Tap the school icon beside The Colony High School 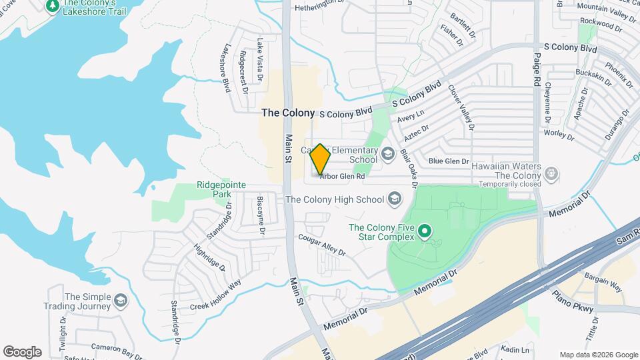coord(395,199)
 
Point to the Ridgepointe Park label coord(221,189)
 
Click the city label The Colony coord(288,113)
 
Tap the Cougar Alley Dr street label coord(322,245)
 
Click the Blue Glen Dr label coord(449,161)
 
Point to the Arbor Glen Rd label coord(343,177)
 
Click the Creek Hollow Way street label coord(215,295)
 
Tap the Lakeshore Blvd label coord(227,67)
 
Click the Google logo coord(22,352)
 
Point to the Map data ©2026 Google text coord(599,355)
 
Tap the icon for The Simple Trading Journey coord(120,301)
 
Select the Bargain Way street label coord(603,281)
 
